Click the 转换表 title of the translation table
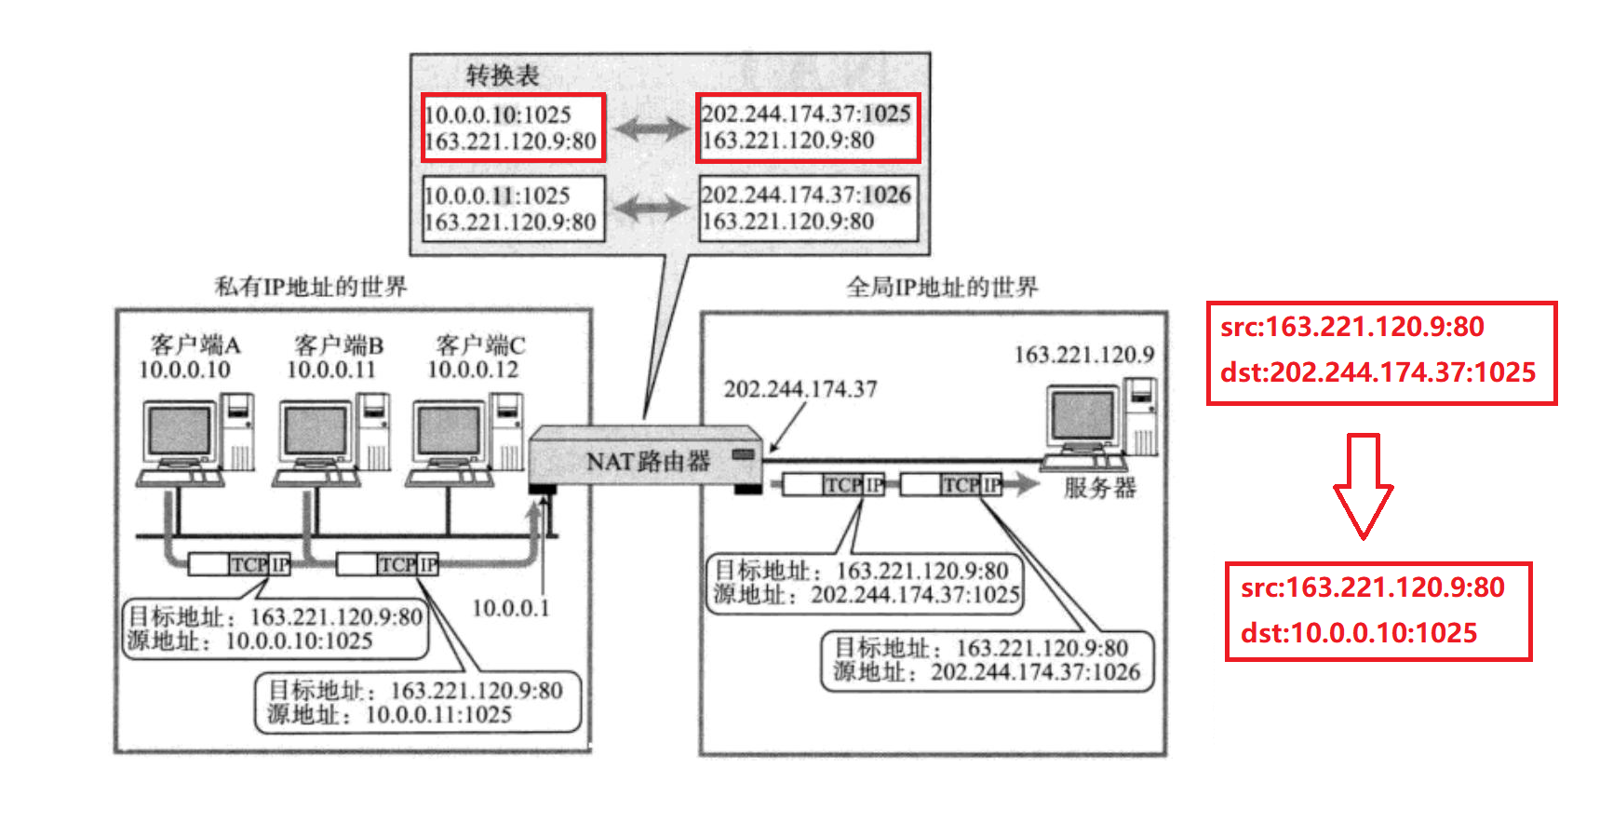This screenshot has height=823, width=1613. coord(503,74)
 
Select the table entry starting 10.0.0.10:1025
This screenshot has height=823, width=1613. coord(512,128)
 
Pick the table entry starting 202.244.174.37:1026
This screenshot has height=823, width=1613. coord(808,208)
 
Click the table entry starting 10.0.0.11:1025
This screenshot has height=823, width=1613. coord(512,209)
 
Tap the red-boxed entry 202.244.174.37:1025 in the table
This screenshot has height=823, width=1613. coord(807,128)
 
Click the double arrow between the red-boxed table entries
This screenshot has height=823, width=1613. coord(652,128)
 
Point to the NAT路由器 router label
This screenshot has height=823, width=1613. coord(648,461)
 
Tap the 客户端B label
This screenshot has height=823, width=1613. coord(338,345)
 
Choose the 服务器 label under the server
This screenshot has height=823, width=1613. coord(1099,488)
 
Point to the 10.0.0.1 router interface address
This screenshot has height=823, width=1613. coord(510,608)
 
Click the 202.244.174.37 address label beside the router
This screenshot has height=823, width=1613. coord(800,389)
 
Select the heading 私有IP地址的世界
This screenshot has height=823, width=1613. coord(311,286)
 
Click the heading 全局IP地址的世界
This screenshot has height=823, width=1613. coord(942,287)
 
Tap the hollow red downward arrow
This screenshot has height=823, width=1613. coord(1363,484)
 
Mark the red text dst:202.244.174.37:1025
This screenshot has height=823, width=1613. coord(1378,372)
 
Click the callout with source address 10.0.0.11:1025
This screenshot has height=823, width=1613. coord(417,703)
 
